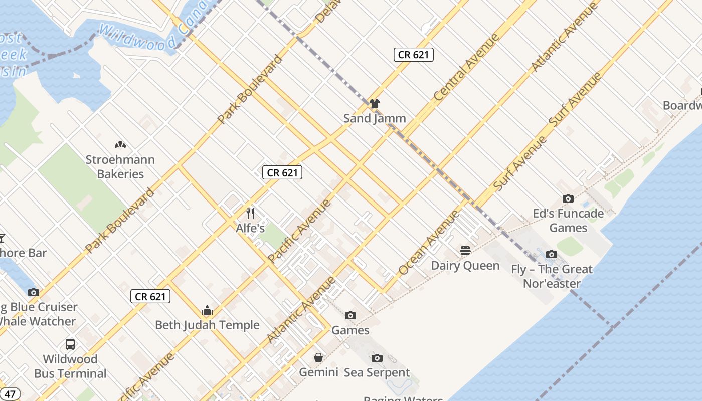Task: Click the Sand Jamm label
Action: [x=374, y=119]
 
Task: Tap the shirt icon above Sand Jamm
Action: [x=374, y=104]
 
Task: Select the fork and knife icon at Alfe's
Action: [x=250, y=214]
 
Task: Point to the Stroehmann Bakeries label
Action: [x=120, y=167]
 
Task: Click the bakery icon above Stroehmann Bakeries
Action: [x=120, y=145]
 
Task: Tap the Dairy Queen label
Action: [x=465, y=266]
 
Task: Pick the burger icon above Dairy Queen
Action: [x=465, y=251]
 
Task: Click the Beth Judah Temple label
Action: [x=207, y=325]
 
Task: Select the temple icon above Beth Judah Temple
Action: [x=207, y=310]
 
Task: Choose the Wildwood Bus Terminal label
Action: [x=70, y=366]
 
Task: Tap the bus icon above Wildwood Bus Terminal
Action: [x=70, y=344]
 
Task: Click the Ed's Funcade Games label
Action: [x=568, y=221]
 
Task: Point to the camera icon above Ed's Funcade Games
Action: [x=568, y=199]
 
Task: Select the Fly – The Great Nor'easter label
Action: [x=552, y=276]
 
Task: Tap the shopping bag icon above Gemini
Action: [x=318, y=357]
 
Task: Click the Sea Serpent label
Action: [x=377, y=373]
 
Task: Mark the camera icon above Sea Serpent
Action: [x=377, y=358]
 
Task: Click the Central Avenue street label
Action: [x=467, y=67]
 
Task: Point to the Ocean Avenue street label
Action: [x=429, y=242]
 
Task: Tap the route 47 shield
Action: [x=10, y=393]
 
